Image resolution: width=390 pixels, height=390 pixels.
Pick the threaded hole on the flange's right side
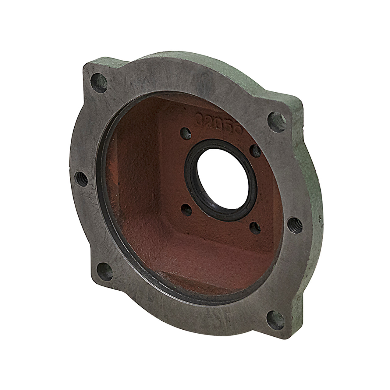tap(295, 225)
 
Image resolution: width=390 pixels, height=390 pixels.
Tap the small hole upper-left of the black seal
tap(186, 133)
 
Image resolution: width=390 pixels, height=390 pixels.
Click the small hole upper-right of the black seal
tap(256, 151)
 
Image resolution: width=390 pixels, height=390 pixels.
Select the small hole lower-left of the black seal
tap(186, 210)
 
